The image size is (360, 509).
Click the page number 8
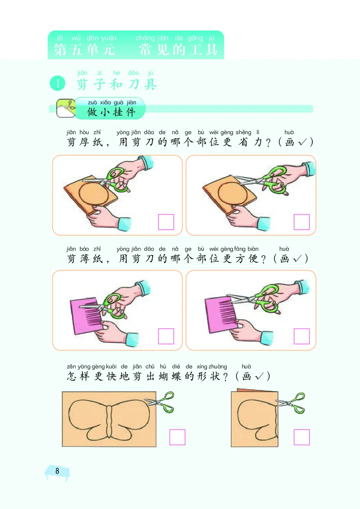(57, 471)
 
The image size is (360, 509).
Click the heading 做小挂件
(111, 112)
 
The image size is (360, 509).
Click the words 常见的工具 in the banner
(179, 49)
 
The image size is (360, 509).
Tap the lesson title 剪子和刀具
(117, 84)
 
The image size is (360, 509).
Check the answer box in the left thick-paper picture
(166, 222)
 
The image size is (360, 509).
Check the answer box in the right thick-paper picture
(301, 222)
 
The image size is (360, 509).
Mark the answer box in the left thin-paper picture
(166, 336)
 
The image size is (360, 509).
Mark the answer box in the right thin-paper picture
(301, 336)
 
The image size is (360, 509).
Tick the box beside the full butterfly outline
(177, 437)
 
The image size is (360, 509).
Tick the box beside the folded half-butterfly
(301, 437)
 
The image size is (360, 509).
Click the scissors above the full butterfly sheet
(161, 402)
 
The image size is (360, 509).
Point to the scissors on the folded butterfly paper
(292, 403)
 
